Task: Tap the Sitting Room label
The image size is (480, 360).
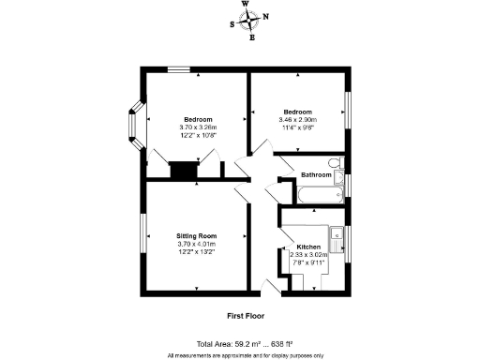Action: point(197,235)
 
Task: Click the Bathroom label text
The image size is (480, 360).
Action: point(316,174)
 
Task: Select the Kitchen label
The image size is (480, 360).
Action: point(308,245)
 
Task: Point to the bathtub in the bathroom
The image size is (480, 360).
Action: point(319,195)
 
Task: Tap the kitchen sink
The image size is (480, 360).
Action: point(336,235)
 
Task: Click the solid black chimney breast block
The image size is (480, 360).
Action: point(182,172)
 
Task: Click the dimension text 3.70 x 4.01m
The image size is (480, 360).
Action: point(197,244)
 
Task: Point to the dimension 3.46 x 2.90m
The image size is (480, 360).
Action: point(298,120)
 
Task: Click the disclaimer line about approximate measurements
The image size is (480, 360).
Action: point(246,355)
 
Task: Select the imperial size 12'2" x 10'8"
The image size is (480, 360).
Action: point(197,135)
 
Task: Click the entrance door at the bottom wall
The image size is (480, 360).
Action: point(274,284)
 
